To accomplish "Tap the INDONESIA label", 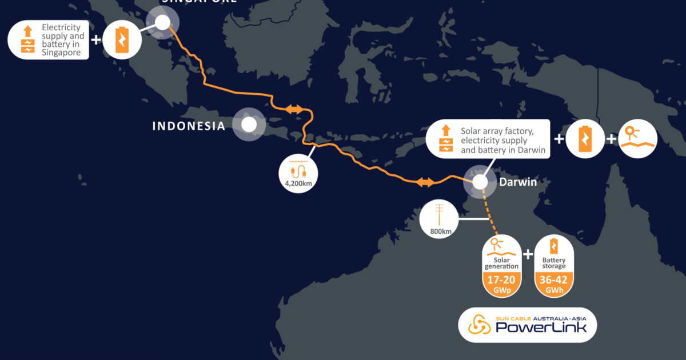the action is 189,126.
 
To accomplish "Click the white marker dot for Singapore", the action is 162,22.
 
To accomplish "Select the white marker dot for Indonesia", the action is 249,125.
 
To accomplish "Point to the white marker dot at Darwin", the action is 479,181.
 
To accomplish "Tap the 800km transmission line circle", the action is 439,219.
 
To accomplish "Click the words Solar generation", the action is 501,263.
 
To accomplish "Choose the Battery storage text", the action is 553,263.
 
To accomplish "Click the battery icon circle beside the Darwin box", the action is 585,138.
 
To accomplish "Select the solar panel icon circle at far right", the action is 638,138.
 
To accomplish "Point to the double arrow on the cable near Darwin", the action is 425,182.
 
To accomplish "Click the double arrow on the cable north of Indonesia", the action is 295,109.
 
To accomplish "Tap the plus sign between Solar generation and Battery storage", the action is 528,254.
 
